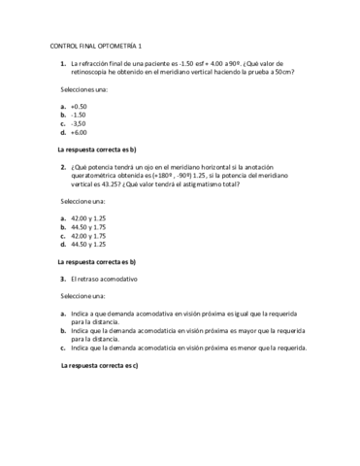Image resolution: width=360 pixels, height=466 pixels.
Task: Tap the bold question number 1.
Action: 62,63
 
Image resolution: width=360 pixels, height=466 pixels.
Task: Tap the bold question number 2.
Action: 62,166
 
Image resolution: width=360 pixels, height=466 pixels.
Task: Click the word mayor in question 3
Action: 243,330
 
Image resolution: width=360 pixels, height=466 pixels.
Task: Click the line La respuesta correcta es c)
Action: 100,365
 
